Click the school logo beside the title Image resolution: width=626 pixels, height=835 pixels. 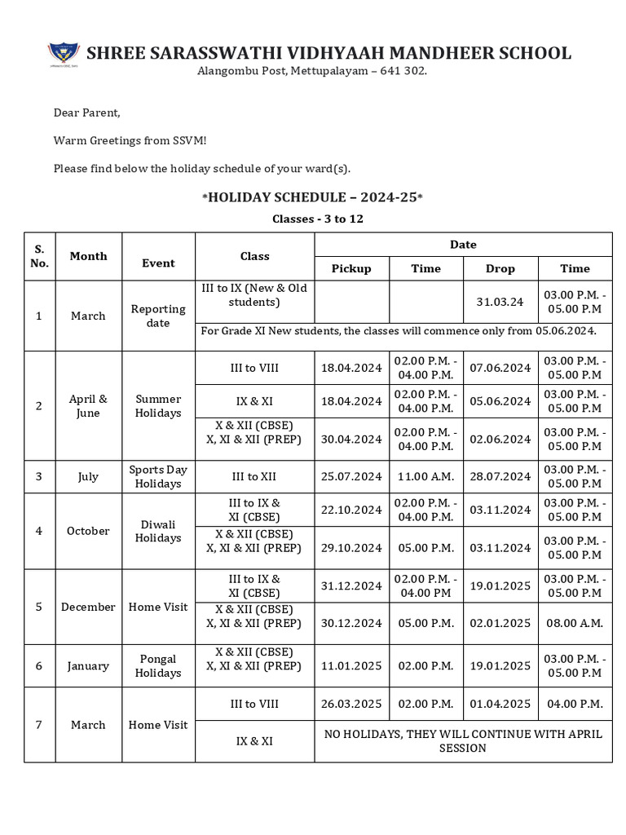pyautogui.click(x=64, y=54)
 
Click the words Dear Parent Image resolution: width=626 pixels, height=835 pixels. pyautogui.click(x=86, y=113)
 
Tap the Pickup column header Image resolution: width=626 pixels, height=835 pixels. pyautogui.click(x=351, y=268)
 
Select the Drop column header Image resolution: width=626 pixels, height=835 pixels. pyautogui.click(x=500, y=268)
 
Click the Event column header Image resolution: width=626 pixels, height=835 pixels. pyautogui.click(x=158, y=263)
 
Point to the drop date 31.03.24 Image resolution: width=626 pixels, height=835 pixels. pyautogui.click(x=500, y=302)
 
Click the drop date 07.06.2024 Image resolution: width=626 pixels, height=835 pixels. pyautogui.click(x=500, y=368)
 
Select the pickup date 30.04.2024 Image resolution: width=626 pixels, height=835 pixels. pyautogui.click(x=351, y=439)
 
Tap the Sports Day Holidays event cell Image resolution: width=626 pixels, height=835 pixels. pyautogui.click(x=158, y=476)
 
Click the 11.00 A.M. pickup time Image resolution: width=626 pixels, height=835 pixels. pyautogui.click(x=425, y=476)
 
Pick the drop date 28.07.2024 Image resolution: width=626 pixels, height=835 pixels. pyautogui.click(x=500, y=476)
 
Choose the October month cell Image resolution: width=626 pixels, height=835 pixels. pyautogui.click(x=88, y=531)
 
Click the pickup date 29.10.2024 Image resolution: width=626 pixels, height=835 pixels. pyautogui.click(x=351, y=547)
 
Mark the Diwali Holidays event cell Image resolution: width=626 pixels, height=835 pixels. pyautogui.click(x=158, y=531)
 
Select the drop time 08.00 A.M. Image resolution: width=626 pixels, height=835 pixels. pyautogui.click(x=574, y=623)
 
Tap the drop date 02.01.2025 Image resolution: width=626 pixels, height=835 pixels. pyautogui.click(x=500, y=623)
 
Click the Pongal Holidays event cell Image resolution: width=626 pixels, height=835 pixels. pyautogui.click(x=158, y=665)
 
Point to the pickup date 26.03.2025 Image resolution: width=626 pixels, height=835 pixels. pyautogui.click(x=351, y=704)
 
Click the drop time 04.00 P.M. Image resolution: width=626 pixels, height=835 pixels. pyautogui.click(x=574, y=704)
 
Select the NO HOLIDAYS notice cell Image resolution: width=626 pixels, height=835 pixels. pyautogui.click(x=463, y=740)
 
